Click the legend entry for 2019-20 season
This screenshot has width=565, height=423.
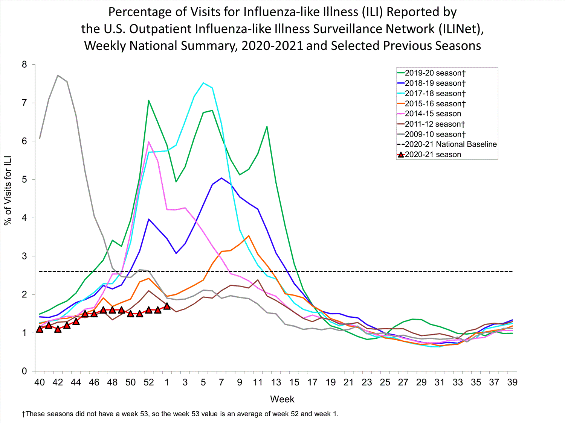point(435,73)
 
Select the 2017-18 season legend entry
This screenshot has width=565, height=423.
point(435,93)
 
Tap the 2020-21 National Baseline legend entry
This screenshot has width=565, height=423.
point(450,144)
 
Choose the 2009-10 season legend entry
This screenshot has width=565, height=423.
point(435,134)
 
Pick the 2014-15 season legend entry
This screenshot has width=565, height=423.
point(433,114)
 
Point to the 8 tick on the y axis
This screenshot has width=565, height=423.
point(24,65)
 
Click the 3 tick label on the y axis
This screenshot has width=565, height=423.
point(24,256)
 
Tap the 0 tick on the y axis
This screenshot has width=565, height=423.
point(24,371)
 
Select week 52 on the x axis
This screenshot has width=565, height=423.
point(149,382)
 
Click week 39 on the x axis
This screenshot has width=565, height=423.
point(512,382)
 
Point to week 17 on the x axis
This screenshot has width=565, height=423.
point(312,382)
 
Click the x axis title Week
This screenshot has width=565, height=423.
point(282,399)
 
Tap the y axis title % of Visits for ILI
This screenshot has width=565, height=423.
point(8,190)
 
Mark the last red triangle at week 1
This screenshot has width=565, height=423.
point(167,306)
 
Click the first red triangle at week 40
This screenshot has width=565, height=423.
point(40,329)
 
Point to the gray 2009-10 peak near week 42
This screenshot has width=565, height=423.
point(58,75)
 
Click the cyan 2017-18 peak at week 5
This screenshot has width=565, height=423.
point(203,83)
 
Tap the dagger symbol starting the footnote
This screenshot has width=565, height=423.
point(23,414)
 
